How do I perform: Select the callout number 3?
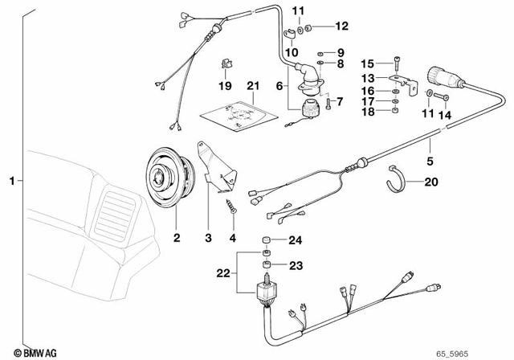(x=207, y=238)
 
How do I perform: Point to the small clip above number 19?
(x=226, y=65)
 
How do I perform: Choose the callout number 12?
(x=341, y=27)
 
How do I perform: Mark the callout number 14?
(x=443, y=115)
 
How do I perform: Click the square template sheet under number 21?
(x=236, y=119)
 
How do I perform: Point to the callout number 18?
(x=368, y=112)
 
